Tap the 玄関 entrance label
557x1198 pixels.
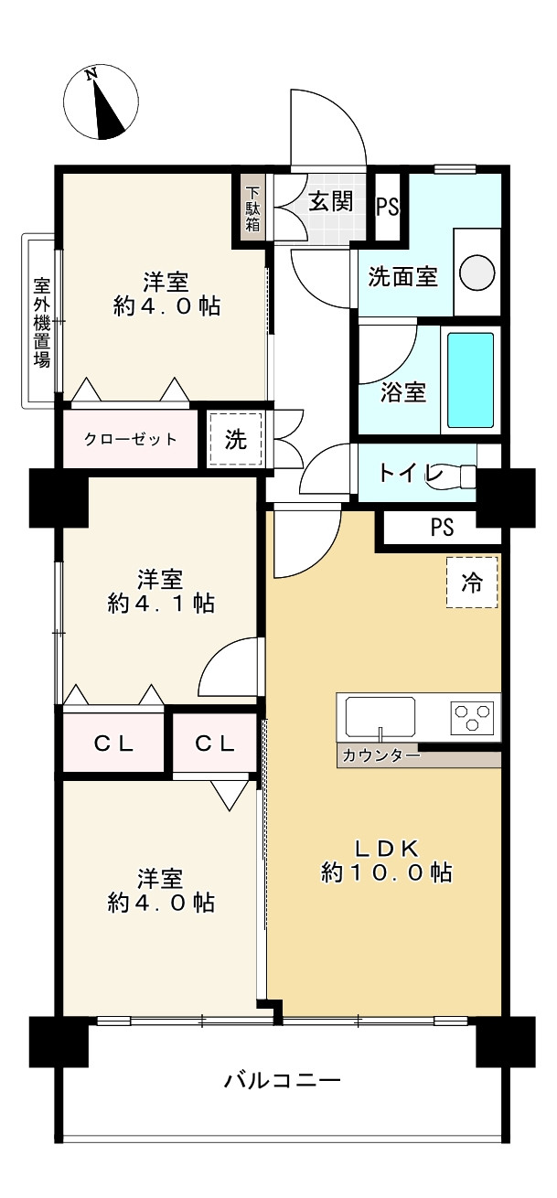pos(330,201)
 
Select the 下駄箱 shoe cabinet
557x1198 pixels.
pos(252,208)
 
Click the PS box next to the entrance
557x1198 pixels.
pos(388,207)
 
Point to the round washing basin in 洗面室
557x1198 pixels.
pos(477,273)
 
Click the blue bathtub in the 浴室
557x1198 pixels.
pos(470,380)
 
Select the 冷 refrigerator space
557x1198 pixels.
pos(473,583)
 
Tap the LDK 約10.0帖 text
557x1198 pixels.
pos(387,859)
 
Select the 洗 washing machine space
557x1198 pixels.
pos(236,439)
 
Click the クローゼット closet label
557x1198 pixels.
pos(131,439)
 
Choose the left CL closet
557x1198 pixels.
pos(114,743)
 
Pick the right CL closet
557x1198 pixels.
pos(216,743)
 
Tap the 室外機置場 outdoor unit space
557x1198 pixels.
pos(41,321)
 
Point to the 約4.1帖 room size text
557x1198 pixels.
pos(161,604)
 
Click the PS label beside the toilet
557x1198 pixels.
pos(441,528)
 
